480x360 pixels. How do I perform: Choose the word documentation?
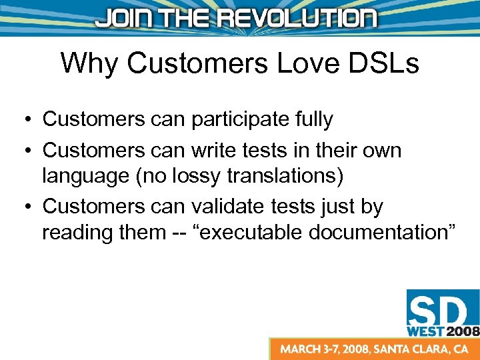(393, 233)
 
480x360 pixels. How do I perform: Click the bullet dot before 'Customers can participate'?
(23, 121)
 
